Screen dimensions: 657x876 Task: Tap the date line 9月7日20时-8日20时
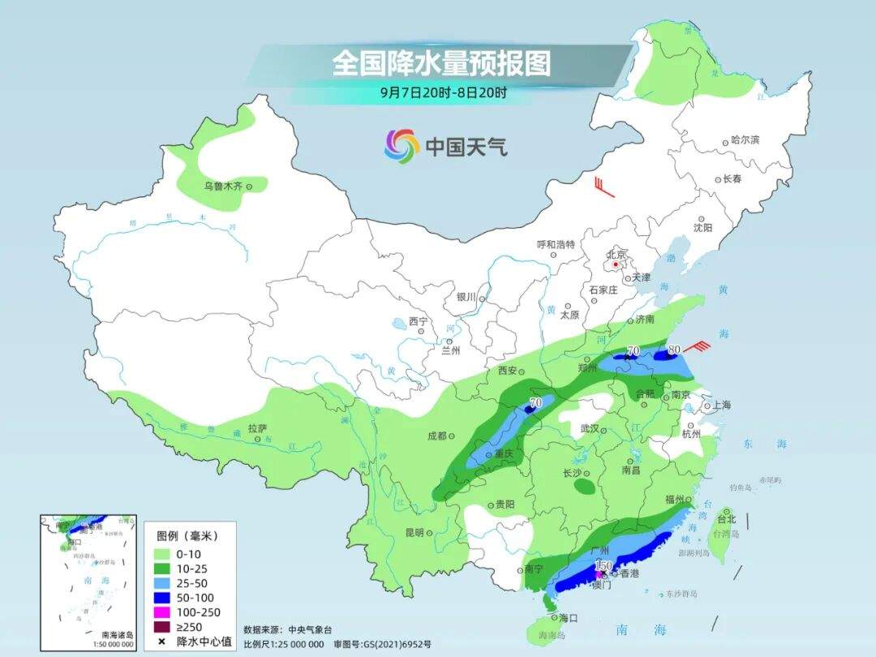pyautogui.click(x=443, y=92)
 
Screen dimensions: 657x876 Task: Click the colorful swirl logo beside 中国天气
pyautogui.click(x=401, y=146)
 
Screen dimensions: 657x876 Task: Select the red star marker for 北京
pyautogui.click(x=616, y=264)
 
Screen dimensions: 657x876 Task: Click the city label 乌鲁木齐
pyautogui.click(x=223, y=187)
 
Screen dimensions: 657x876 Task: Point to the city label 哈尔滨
pyautogui.click(x=745, y=140)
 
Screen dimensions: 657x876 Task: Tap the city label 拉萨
pyautogui.click(x=257, y=428)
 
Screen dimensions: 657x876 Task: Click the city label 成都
pyautogui.click(x=436, y=436)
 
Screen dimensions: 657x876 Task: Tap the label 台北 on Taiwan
pyautogui.click(x=726, y=519)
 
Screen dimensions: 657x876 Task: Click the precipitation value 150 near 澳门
pyautogui.click(x=603, y=565)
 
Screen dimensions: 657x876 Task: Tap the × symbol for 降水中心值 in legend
pyautogui.click(x=163, y=642)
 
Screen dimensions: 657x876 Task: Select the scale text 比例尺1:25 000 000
pyautogui.click(x=283, y=644)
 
